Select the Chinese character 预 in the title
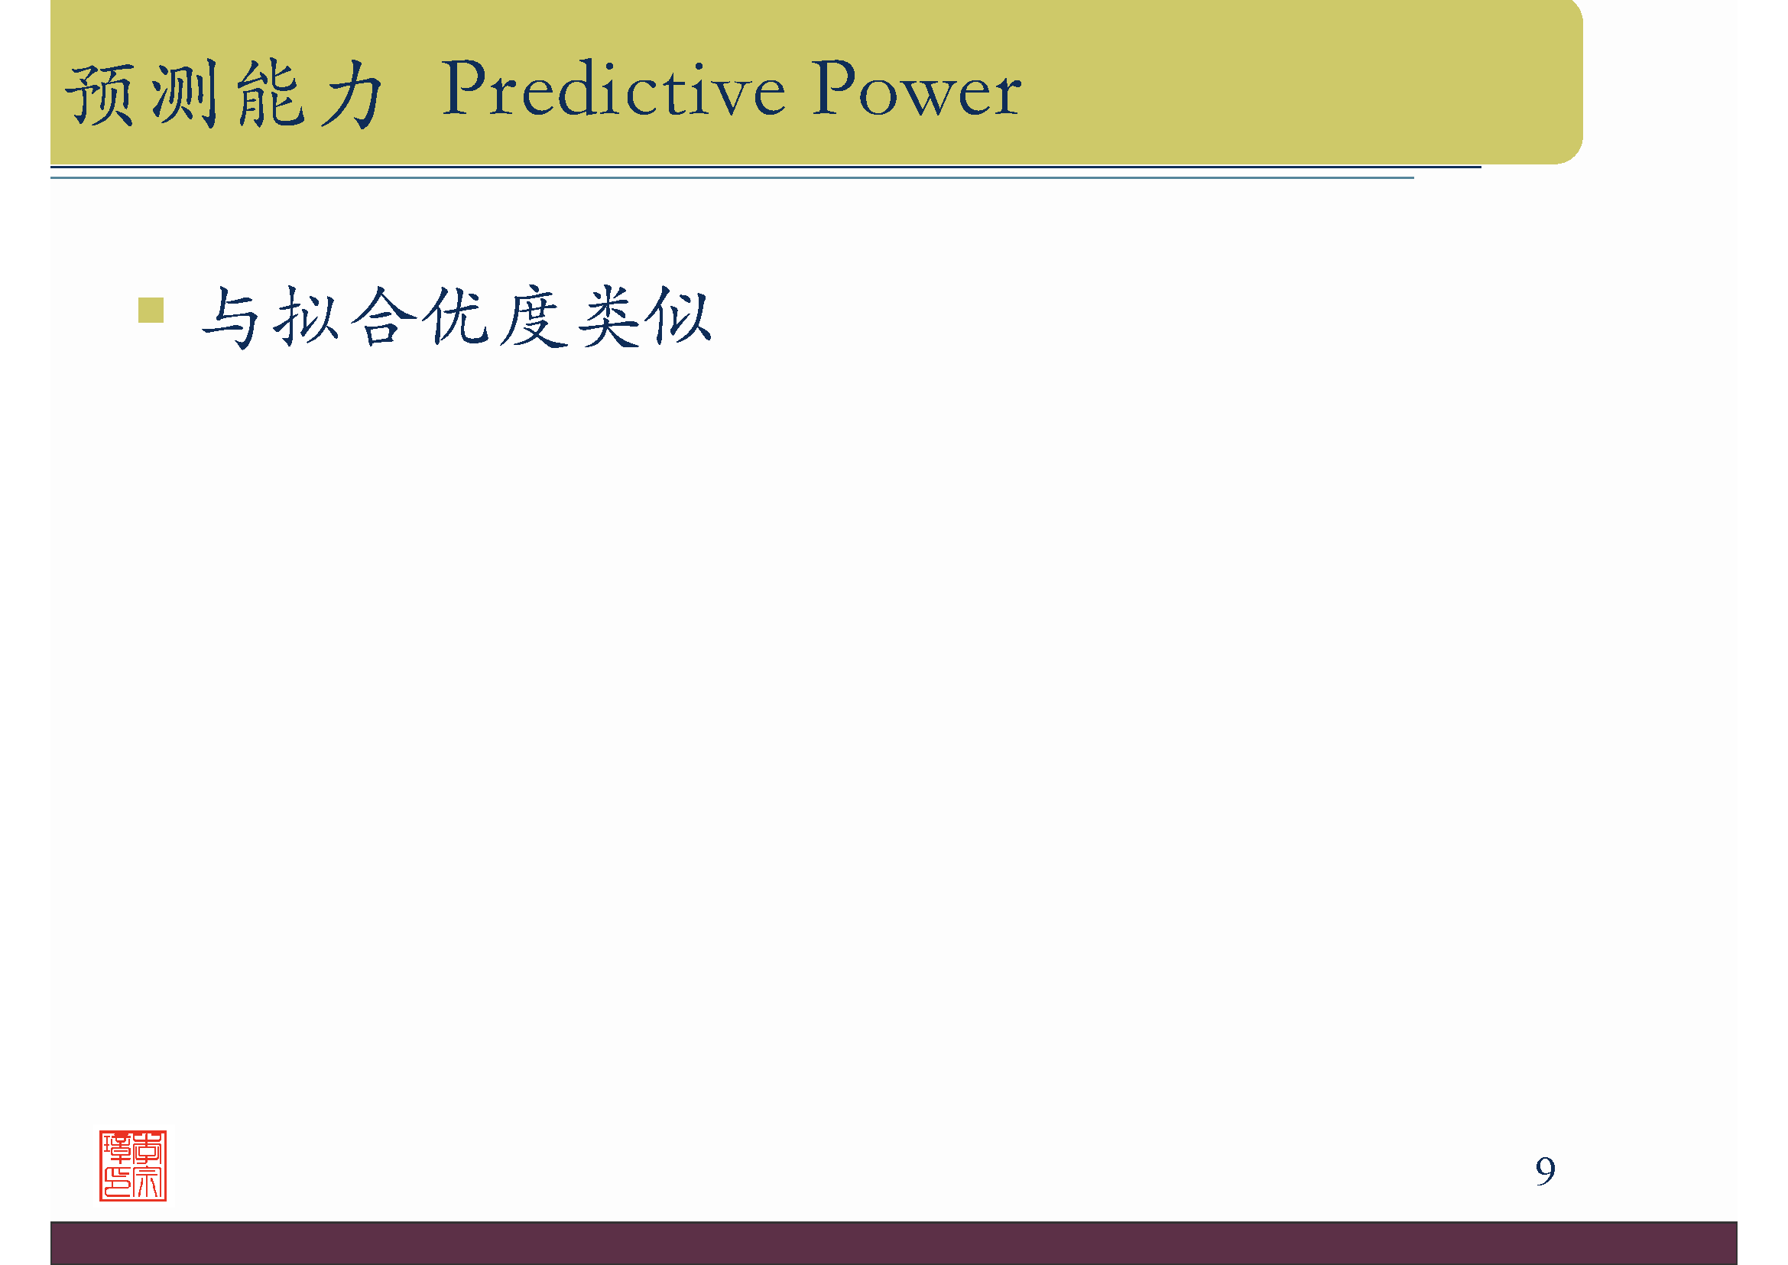pyautogui.click(x=99, y=95)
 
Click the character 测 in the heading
pyautogui.click(x=184, y=95)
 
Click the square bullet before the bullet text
pyautogui.click(x=151, y=310)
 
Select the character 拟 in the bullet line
pyautogui.click(x=306, y=317)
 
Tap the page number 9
pyautogui.click(x=1545, y=1171)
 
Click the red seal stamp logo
pyautogui.click(x=133, y=1166)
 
